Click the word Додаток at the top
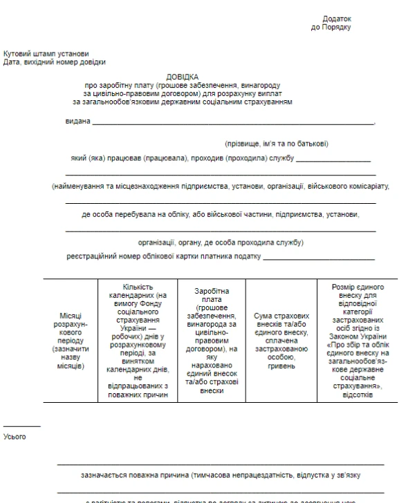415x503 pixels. tap(337, 19)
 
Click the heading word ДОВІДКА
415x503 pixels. tap(183, 76)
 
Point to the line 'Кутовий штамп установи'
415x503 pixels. tap(46, 54)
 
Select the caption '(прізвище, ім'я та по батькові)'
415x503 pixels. tap(276, 144)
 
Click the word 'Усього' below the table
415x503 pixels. tap(15, 436)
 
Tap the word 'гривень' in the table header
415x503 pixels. tap(280, 366)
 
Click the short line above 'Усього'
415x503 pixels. tap(22, 426)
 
